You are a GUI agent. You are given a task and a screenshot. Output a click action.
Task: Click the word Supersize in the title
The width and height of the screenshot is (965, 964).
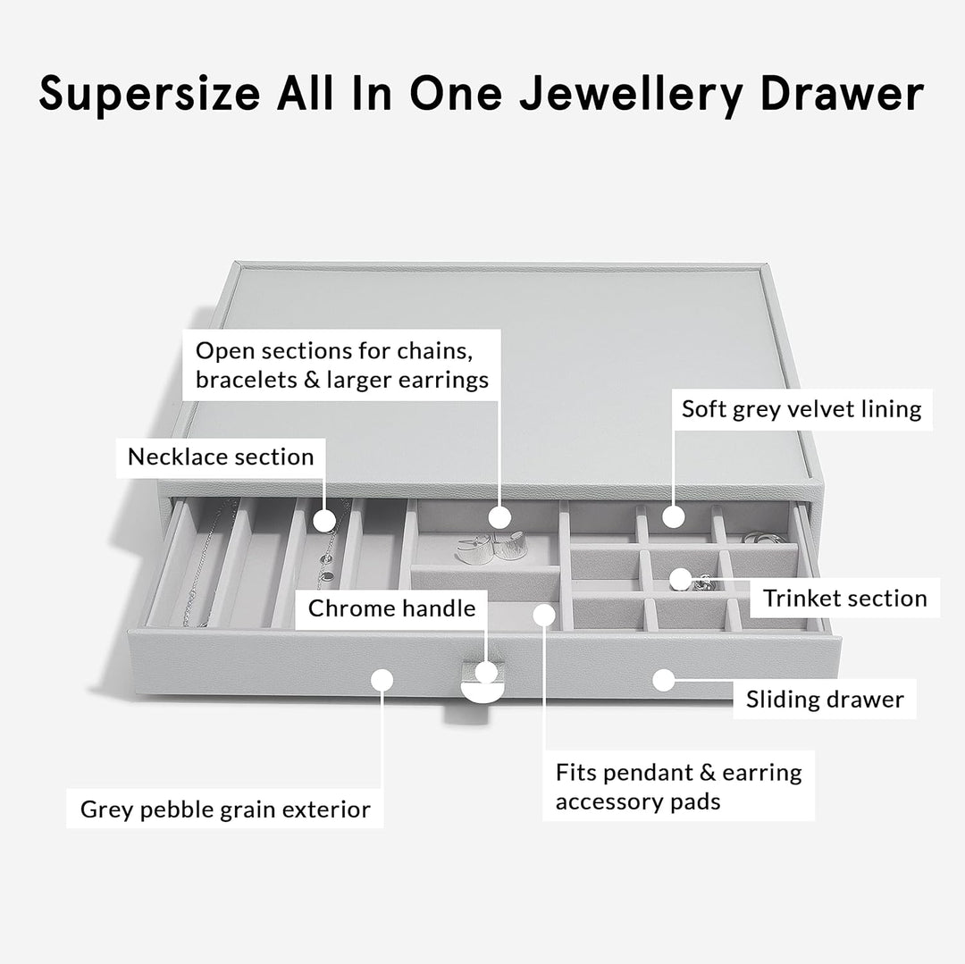(149, 94)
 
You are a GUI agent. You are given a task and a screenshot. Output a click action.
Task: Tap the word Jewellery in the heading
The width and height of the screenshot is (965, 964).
(631, 94)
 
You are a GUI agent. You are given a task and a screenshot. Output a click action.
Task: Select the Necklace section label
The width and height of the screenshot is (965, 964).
(221, 457)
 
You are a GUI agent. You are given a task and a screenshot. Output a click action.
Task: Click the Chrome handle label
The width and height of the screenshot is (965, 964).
(391, 609)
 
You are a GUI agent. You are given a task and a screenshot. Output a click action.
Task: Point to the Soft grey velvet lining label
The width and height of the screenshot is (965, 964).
(801, 409)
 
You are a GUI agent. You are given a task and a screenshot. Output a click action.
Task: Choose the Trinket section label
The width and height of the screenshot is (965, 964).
(845, 598)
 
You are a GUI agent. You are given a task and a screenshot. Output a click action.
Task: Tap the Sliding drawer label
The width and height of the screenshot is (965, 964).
(825, 700)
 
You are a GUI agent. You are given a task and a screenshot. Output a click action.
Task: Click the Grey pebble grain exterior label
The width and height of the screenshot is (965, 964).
(225, 809)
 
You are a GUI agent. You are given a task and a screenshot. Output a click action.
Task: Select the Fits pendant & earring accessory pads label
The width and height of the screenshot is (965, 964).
(678, 786)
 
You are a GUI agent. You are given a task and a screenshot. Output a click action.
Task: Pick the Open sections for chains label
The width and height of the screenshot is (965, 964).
(341, 365)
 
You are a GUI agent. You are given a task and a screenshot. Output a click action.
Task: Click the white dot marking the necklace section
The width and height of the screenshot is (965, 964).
(324, 521)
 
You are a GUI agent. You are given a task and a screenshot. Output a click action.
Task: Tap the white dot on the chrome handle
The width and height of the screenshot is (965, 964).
(486, 673)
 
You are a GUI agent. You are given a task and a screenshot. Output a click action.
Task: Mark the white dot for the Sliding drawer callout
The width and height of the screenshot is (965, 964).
(663, 680)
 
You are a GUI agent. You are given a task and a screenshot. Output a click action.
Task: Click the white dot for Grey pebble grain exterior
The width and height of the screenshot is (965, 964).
(382, 680)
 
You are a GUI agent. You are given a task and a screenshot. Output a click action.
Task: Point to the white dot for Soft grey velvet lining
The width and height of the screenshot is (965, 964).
(674, 516)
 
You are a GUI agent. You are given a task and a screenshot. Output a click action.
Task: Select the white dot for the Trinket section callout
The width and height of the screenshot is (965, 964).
(680, 579)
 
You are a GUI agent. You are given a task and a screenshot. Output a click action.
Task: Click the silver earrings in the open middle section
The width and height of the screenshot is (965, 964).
(491, 545)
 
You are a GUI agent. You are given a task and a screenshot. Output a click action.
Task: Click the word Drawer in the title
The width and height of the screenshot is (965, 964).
(842, 94)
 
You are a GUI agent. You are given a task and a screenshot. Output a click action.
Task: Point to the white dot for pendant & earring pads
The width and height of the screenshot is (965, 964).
(544, 615)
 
